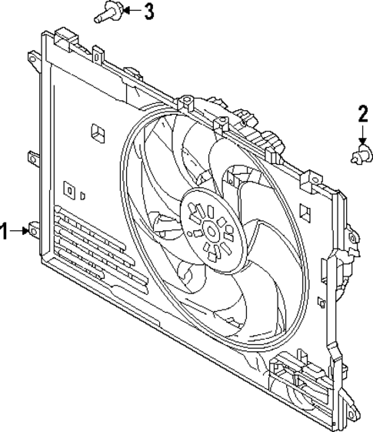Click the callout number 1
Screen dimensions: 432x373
coord(6,231)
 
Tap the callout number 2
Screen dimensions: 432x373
coord(362,116)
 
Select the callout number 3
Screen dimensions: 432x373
coord(148,11)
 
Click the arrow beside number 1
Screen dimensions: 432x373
coord(20,231)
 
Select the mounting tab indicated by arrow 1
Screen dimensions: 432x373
coord(33,230)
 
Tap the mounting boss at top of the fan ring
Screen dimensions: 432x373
coord(221,122)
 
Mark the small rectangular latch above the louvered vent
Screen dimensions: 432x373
coord(69,189)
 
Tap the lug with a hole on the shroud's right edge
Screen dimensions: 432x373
coord(351,239)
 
